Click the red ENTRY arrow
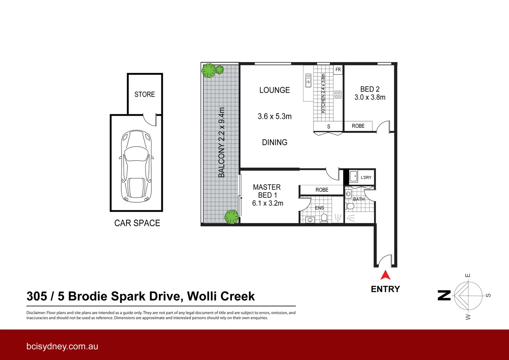[385, 275]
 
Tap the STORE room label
[145, 94]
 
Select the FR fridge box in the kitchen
[338, 70]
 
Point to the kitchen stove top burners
[338, 94]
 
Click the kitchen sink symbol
[308, 81]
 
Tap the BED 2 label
[370, 89]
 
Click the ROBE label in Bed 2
[358, 126]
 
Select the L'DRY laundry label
[366, 177]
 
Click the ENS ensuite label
[319, 208]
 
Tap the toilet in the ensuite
[324, 218]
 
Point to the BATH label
[359, 199]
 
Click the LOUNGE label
[274, 90]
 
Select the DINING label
[274, 142]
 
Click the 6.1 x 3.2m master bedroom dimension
[267, 203]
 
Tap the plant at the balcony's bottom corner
[231, 217]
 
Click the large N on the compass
[444, 295]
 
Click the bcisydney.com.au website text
[62, 346]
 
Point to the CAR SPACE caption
[137, 223]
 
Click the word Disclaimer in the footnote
[36, 313]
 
